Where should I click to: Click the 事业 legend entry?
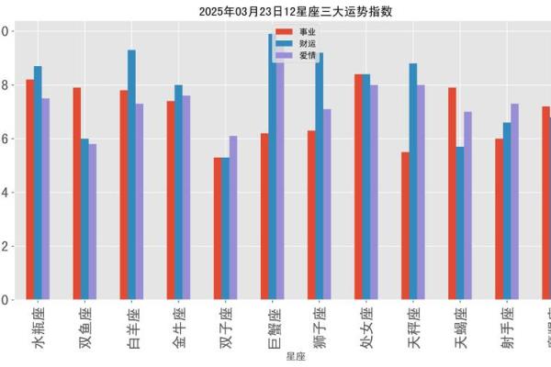click(x=294, y=32)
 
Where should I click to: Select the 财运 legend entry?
click(x=294, y=44)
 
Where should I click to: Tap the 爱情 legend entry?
click(x=294, y=56)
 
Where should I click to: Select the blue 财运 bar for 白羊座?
click(x=131, y=174)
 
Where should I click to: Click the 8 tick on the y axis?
click(x=5, y=85)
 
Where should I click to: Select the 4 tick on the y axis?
click(x=5, y=193)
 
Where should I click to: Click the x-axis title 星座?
click(x=296, y=356)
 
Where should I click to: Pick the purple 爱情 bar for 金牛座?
click(x=186, y=197)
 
